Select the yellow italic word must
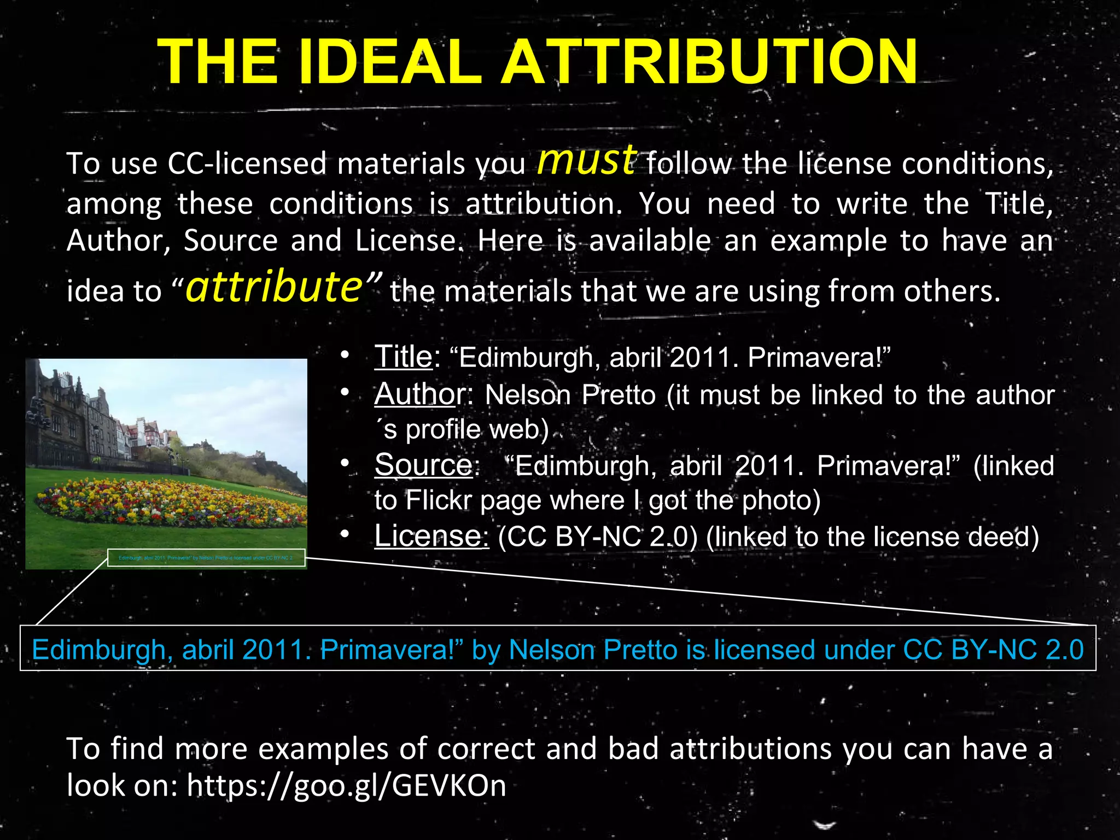click(586, 160)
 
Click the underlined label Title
click(403, 357)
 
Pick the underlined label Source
click(423, 465)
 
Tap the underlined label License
click(431, 536)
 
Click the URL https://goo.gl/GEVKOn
click(346, 785)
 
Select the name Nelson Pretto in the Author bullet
click(570, 395)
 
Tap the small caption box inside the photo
click(206, 558)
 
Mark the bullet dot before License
click(344, 535)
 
